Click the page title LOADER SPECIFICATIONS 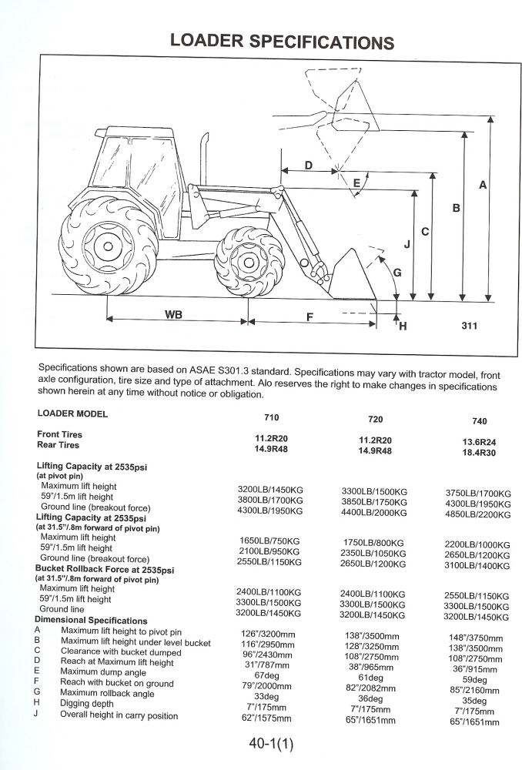click(282, 42)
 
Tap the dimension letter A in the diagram click(483, 185)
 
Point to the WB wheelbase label click(173, 314)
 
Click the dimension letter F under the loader click(310, 316)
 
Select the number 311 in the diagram click(470, 326)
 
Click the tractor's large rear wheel click(109, 246)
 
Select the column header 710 click(271, 417)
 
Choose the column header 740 click(479, 421)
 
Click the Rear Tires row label click(59, 445)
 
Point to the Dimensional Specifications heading click(91, 620)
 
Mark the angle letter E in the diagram click(356, 182)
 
